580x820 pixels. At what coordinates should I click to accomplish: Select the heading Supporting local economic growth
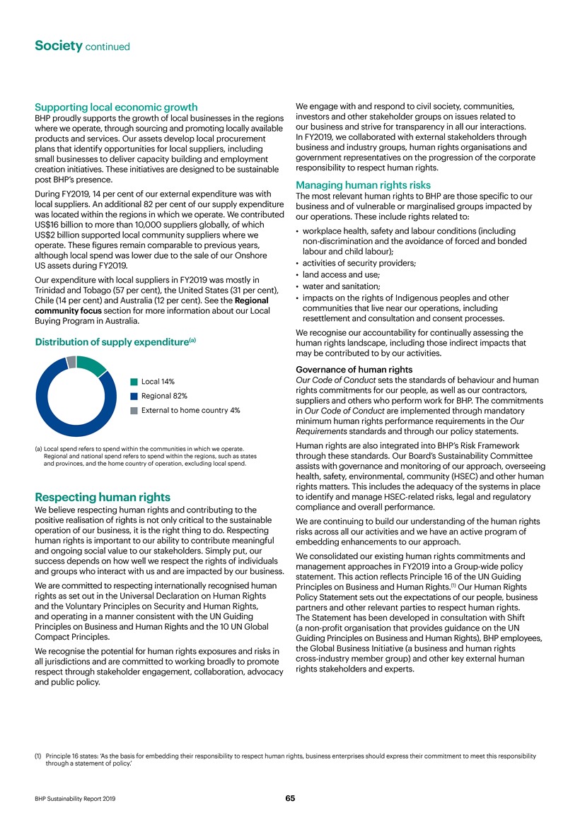click(115, 107)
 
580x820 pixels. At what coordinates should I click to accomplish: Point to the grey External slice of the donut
click(71, 361)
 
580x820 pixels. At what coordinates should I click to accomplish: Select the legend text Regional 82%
click(165, 396)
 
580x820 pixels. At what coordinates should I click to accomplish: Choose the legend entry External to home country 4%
click(190, 410)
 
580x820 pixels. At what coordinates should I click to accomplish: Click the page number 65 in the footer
click(290, 798)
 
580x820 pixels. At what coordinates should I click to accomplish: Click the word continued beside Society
click(108, 47)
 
